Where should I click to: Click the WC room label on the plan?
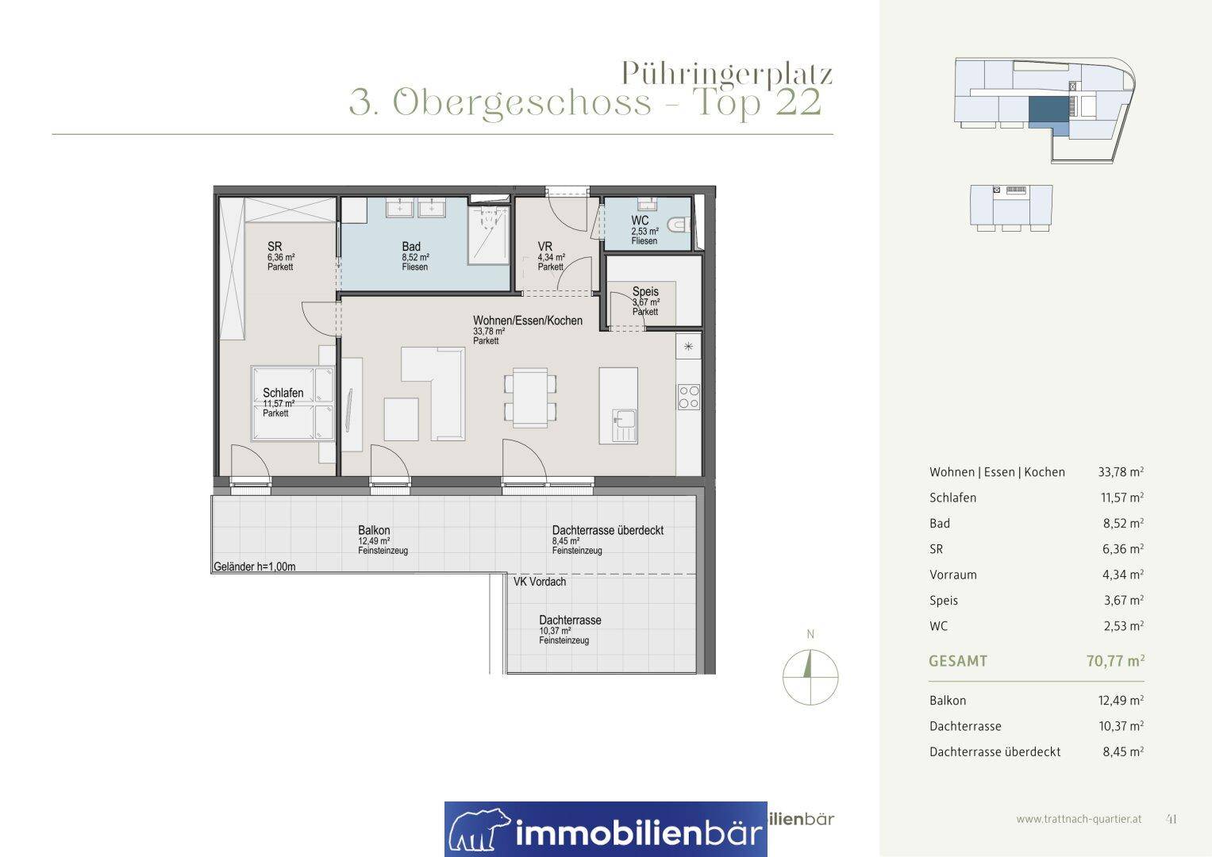640,221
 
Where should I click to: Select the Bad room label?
411,247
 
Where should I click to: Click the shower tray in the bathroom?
489,234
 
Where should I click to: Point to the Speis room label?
645,292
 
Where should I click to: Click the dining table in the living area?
530,398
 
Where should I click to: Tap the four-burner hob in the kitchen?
689,397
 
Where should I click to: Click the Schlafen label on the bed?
283,393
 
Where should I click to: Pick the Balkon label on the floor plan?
374,530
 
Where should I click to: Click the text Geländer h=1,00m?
254,567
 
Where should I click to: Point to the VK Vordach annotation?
540,582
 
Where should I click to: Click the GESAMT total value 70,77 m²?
1115,660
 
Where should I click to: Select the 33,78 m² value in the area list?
1121,472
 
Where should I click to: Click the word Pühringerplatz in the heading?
727,73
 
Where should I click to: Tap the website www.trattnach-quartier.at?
1079,819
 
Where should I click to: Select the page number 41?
1171,819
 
